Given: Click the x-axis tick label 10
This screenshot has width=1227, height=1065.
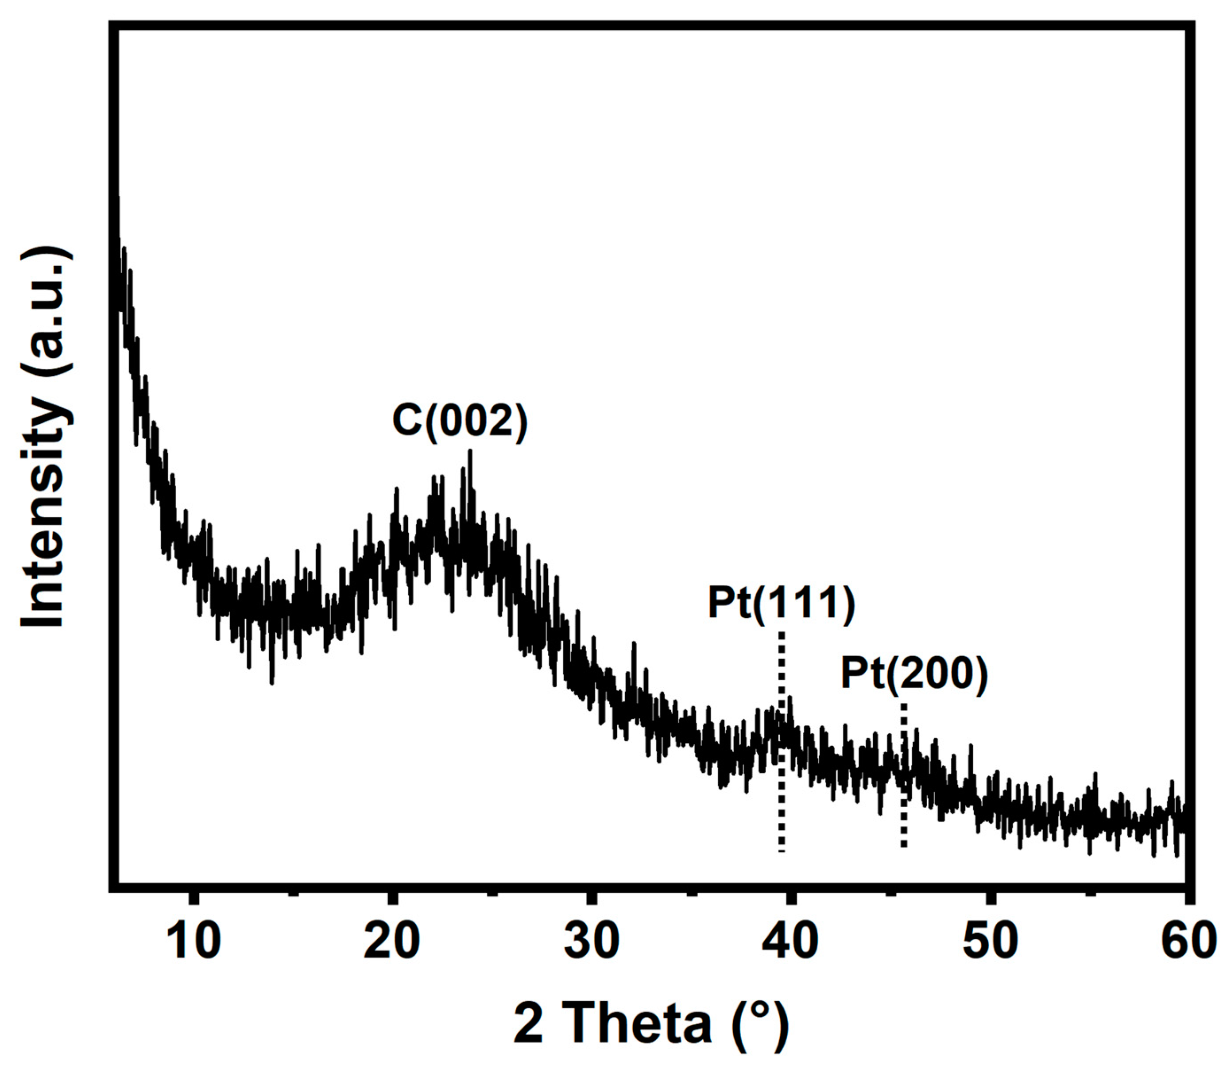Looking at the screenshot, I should click(x=193, y=941).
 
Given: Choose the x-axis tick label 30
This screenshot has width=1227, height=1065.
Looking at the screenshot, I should click(x=591, y=941).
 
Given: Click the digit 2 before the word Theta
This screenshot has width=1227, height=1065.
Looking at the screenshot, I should click(x=528, y=1022).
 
